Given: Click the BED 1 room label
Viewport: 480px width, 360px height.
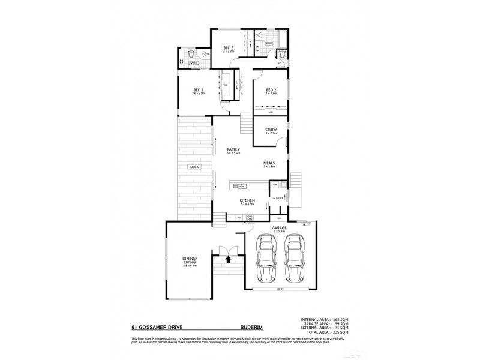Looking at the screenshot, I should pyautogui.click(x=198, y=91).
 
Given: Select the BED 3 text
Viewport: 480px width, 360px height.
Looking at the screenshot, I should pyautogui.click(x=228, y=48).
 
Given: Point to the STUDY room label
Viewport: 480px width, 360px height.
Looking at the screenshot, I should pyautogui.click(x=271, y=130).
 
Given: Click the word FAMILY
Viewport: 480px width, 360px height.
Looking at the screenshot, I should pyautogui.click(x=233, y=149).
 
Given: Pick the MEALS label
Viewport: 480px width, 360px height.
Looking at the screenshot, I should pyautogui.click(x=269, y=163).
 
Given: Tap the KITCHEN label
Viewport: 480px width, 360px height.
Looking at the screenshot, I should pyautogui.click(x=247, y=200).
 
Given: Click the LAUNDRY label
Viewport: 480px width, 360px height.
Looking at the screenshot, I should pyautogui.click(x=277, y=198).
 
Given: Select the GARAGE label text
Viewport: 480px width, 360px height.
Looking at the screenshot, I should pyautogui.click(x=279, y=229).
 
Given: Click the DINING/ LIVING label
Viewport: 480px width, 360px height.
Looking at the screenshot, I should pyautogui.click(x=190, y=261).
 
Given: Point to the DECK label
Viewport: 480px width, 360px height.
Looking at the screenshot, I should pyautogui.click(x=193, y=167).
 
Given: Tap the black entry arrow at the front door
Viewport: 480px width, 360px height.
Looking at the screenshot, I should pyautogui.click(x=228, y=259).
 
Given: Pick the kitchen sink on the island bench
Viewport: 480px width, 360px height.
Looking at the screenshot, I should pyautogui.click(x=238, y=185).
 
